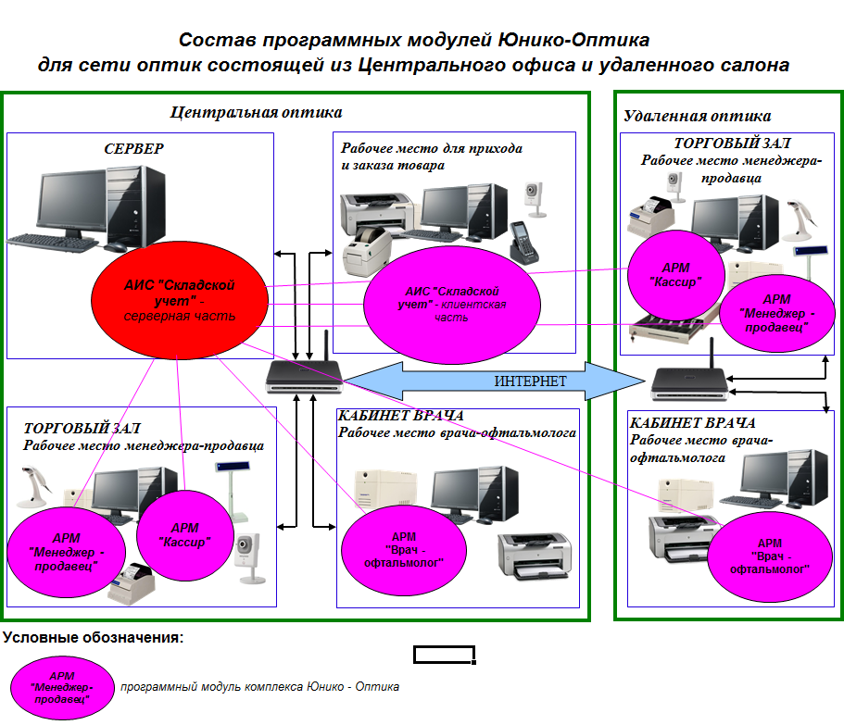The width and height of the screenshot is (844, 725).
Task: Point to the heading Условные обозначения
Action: point(93,638)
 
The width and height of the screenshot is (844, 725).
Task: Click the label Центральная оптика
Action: point(256,113)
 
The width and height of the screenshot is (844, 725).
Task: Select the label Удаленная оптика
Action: point(697,117)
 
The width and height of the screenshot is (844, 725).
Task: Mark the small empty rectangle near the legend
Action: point(444,656)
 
